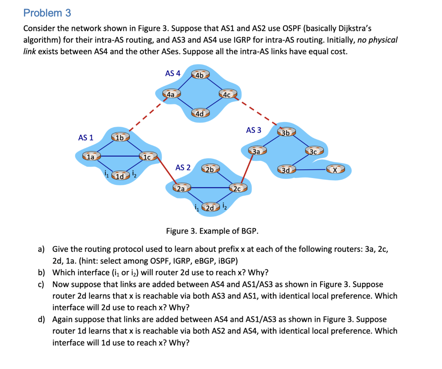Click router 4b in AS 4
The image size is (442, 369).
pyautogui.click(x=200, y=75)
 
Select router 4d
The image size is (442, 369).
pyautogui.click(x=200, y=113)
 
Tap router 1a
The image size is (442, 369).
pyautogui.click(x=91, y=157)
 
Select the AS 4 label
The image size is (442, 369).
pyautogui.click(x=172, y=74)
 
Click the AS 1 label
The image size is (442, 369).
pyautogui.click(x=86, y=137)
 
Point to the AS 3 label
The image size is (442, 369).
pyautogui.click(x=253, y=130)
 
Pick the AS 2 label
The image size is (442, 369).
pyautogui.click(x=183, y=168)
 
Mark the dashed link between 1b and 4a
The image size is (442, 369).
pyautogui.click(x=144, y=116)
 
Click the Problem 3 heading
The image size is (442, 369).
pyautogui.click(x=47, y=13)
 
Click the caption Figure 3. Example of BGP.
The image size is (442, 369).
pyautogui.click(x=212, y=231)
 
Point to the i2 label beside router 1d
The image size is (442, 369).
pyautogui.click(x=134, y=174)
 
